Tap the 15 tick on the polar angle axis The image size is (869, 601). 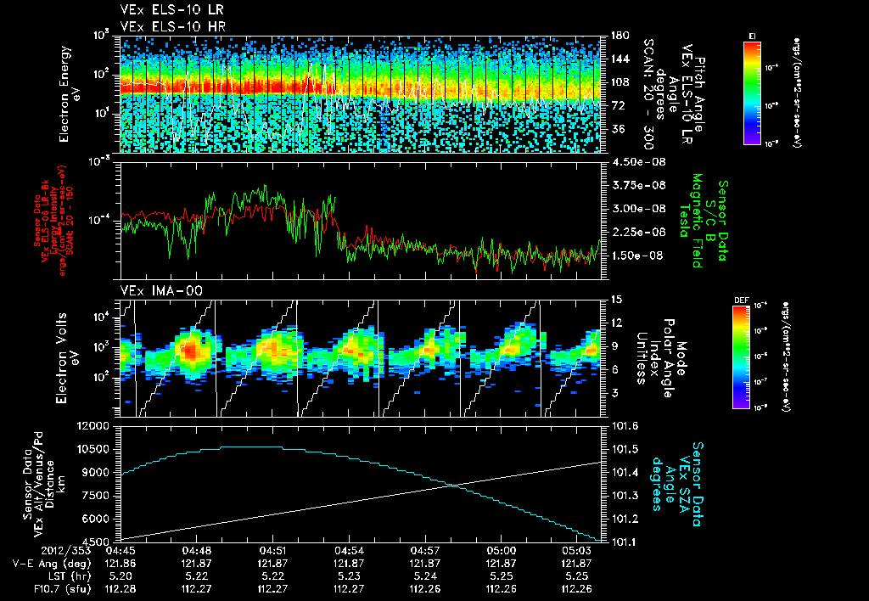pyautogui.click(x=613, y=300)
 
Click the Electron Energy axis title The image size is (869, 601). pyautogui.click(x=67, y=93)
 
